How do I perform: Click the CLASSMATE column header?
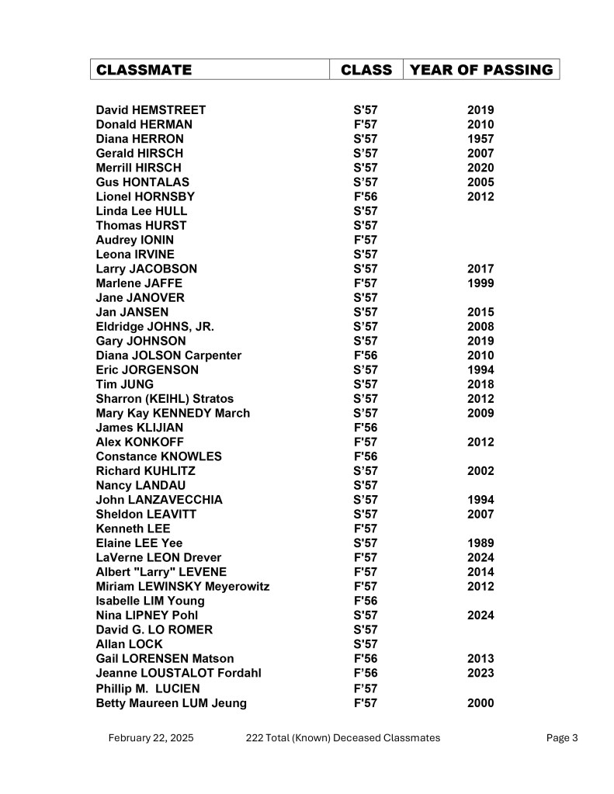144,70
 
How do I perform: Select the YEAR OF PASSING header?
480,70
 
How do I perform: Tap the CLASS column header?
366,70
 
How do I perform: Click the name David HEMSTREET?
151,110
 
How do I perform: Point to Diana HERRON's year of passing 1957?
480,139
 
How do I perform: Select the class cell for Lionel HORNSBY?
365,196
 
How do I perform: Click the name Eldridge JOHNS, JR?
154,327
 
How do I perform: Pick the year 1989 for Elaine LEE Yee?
480,543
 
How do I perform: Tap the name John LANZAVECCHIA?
159,500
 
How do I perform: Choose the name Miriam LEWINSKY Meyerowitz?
182,586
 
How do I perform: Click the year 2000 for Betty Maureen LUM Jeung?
480,703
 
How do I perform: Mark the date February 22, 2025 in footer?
151,737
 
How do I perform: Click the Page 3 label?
562,737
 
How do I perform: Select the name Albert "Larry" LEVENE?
161,572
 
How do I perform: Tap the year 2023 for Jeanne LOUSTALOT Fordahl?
480,673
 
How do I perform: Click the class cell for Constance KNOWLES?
365,456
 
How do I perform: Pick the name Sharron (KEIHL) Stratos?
165,399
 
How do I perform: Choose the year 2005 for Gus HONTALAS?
480,182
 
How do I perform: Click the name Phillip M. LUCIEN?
147,688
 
